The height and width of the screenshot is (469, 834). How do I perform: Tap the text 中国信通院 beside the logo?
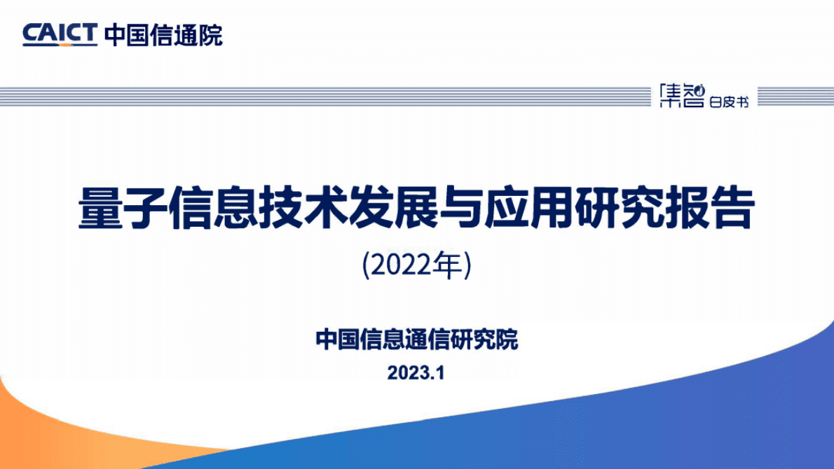[163, 34]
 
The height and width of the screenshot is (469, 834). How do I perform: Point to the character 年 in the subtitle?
[449, 265]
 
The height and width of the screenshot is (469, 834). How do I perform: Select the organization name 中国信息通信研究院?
[417, 340]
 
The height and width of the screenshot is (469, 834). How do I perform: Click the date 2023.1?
[416, 373]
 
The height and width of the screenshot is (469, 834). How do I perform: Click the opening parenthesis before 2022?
[367, 266]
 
